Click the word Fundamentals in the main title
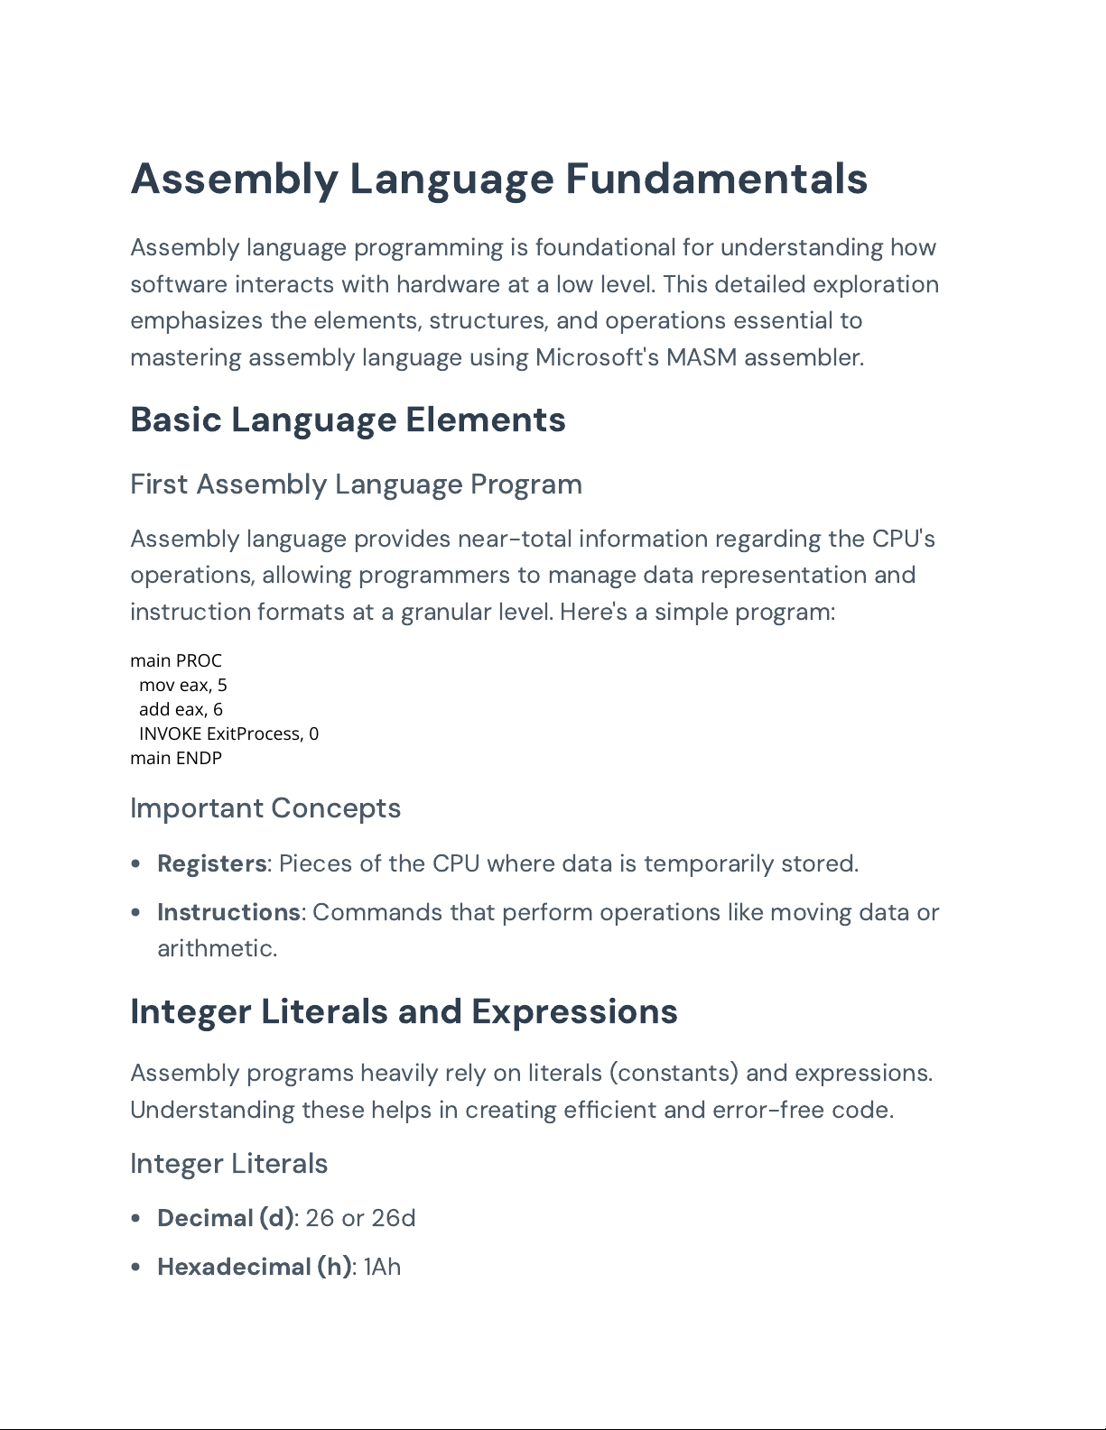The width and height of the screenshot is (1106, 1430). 716,179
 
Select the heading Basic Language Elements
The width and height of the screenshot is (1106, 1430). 348,420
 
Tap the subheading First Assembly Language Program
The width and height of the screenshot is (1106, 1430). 356,484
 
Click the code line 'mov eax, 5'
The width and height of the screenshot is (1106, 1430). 183,685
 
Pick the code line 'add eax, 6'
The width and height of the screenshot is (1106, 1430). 181,709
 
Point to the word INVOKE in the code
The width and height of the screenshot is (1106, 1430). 170,733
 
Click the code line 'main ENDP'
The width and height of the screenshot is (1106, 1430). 176,758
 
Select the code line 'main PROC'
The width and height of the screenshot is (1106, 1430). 176,660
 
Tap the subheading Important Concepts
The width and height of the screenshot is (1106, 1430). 265,808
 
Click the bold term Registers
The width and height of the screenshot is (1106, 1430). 212,864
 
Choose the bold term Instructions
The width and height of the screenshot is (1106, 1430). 228,913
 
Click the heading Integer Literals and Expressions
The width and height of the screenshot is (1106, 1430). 404,1012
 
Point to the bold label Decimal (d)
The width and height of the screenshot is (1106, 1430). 226,1219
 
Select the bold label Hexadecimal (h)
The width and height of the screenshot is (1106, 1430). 255,1268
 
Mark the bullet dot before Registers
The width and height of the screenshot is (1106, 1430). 136,864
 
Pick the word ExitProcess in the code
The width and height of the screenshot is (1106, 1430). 254,733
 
